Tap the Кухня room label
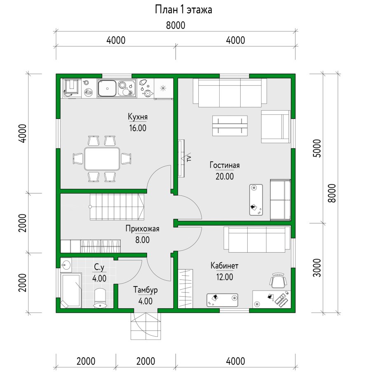pyautogui.click(x=138, y=117)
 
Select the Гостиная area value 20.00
pyautogui.click(x=225, y=176)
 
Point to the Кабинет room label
pyautogui.click(x=224, y=265)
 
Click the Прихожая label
pyautogui.click(x=142, y=229)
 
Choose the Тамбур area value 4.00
pyautogui.click(x=145, y=301)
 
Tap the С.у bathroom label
pyautogui.click(x=99, y=267)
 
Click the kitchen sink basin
pyautogui.click(x=107, y=88)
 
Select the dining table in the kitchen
pyautogui.click(x=102, y=159)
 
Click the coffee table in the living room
pyautogui.click(x=230, y=126)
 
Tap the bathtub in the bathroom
pyautogui.click(x=71, y=290)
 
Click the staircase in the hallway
pyautogui.click(x=116, y=207)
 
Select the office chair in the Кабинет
pyautogui.click(x=278, y=280)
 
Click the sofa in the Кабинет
pyautogui.click(x=257, y=240)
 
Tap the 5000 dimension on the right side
pyautogui.click(x=317, y=149)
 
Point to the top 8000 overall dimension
pyautogui.click(x=176, y=26)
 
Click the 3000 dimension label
pyautogui.click(x=317, y=267)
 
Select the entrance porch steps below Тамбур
pyautogui.click(x=146, y=326)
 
